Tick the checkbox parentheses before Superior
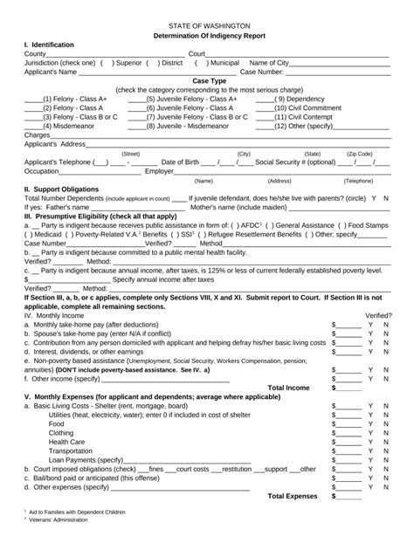tap(107, 63)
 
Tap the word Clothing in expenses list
tap(61, 432)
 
